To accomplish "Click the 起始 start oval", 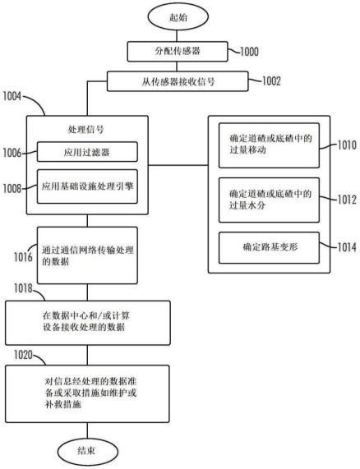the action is [178, 16].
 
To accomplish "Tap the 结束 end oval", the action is [88, 452].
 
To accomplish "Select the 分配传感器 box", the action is [178, 52].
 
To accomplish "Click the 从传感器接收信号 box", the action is [178, 81].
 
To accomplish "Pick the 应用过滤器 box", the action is [87, 152].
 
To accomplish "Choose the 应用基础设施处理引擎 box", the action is [87, 186].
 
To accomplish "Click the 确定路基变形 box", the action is [269, 248].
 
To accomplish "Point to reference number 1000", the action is [249, 52].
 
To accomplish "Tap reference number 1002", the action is [271, 81].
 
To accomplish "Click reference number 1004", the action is [12, 96].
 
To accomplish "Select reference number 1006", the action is [12, 153].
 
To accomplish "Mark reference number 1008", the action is [12, 188].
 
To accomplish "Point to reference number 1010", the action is [347, 145].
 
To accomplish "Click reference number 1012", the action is [347, 200].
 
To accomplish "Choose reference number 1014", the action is [347, 247].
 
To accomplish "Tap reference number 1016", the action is [23, 256].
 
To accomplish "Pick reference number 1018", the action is [23, 288].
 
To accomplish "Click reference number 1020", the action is [23, 355].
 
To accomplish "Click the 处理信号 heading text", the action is [85, 130].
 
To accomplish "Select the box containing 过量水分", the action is [269, 200].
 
